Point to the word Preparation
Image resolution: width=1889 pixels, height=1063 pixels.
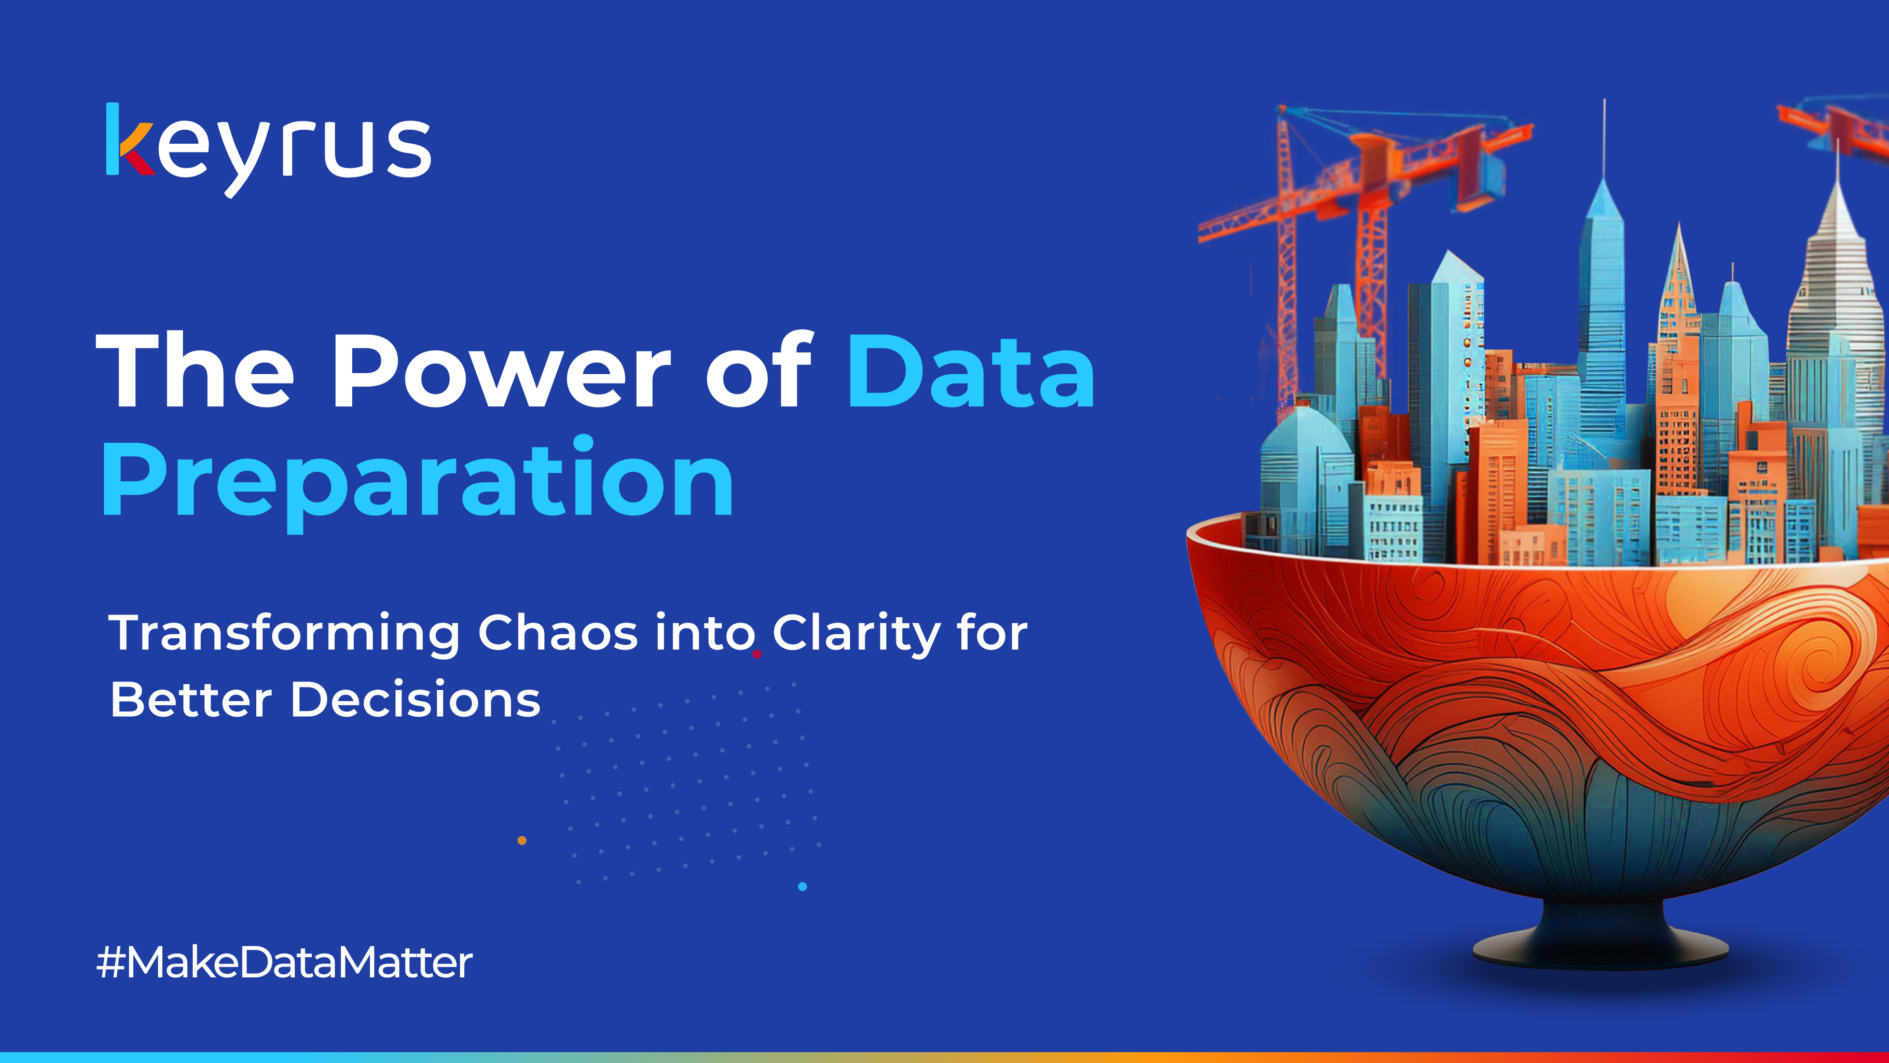(418, 481)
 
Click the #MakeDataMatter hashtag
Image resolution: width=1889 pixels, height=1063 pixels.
(284, 962)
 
